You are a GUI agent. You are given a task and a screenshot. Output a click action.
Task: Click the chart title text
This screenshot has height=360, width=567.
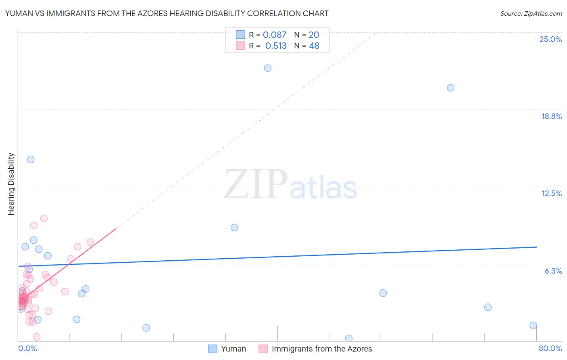(x=167, y=13)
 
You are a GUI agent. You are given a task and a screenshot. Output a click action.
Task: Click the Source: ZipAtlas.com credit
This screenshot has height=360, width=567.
(x=531, y=13)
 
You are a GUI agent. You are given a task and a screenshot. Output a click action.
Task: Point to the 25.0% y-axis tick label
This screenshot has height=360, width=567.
(x=550, y=39)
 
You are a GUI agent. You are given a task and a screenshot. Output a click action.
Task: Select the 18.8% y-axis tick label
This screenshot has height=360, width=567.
(x=551, y=116)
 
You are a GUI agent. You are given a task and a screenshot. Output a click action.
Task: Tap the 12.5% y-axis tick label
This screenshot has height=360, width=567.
(x=551, y=193)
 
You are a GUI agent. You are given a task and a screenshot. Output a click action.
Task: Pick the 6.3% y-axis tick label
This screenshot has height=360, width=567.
(x=553, y=271)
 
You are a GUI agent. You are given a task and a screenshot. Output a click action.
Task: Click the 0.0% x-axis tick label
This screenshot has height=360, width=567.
(x=27, y=348)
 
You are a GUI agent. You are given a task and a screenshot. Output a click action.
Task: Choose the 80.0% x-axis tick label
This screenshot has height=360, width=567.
(x=550, y=348)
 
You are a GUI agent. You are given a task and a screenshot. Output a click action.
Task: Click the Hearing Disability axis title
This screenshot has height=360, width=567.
(x=11, y=184)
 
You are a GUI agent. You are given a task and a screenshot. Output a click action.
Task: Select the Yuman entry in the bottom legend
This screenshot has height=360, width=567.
(x=233, y=349)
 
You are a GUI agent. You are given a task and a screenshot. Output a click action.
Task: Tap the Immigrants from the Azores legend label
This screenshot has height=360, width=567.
(x=321, y=349)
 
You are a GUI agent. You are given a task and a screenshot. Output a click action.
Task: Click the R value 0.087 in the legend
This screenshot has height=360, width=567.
(x=274, y=35)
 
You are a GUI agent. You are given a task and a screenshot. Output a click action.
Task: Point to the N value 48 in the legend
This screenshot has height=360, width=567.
(x=314, y=46)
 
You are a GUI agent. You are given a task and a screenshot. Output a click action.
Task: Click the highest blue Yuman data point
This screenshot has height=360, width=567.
(x=268, y=68)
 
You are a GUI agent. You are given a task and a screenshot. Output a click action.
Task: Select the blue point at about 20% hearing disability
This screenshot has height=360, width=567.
(x=450, y=88)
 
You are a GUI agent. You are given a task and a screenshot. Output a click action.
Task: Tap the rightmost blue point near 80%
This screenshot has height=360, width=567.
(x=533, y=325)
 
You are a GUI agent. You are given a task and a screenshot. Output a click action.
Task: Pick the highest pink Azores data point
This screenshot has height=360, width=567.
(x=44, y=218)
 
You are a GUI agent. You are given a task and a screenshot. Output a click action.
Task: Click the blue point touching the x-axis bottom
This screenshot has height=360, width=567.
(x=349, y=338)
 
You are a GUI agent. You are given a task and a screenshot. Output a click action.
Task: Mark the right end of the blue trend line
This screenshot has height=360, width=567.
(x=536, y=247)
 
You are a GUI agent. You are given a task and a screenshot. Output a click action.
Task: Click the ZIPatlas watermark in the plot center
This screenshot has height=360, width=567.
(x=290, y=184)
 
